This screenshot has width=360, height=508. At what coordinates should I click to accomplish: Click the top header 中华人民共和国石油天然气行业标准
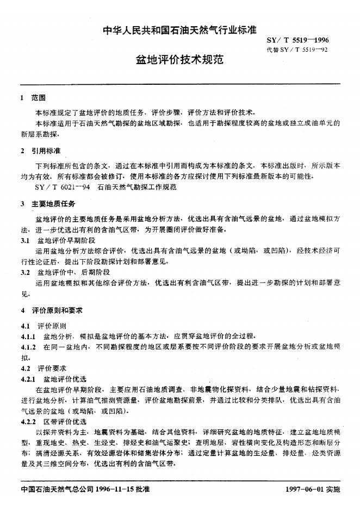179,30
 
